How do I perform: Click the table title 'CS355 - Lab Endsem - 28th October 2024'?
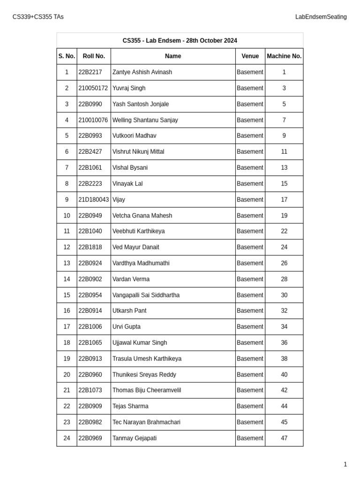pos(180,41)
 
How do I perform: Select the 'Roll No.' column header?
pos(94,56)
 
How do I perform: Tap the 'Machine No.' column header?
pos(284,56)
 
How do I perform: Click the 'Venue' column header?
pos(250,56)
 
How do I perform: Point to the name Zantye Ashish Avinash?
pos(142,72)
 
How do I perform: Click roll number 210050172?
pos(93,88)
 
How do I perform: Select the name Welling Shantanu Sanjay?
pos(145,120)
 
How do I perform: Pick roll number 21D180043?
pos(93,200)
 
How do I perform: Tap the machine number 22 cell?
pos(284,231)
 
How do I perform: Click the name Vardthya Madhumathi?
pos(141,263)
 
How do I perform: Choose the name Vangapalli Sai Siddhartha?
pos(146,295)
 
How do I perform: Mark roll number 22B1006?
pos(90,327)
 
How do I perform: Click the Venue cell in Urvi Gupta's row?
pos(250,327)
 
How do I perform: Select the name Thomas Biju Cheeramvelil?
pos(146,390)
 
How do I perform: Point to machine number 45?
pos(284,422)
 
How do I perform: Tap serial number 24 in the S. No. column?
pos(67,438)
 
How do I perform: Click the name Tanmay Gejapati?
pos(135,438)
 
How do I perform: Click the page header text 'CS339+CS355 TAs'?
pos(38,17)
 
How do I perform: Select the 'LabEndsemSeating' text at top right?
pos(321,17)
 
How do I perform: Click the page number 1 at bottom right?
pos(345,465)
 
